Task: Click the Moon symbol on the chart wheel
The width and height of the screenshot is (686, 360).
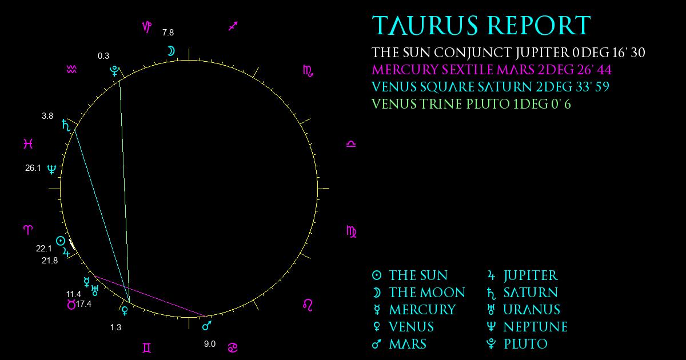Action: (171, 51)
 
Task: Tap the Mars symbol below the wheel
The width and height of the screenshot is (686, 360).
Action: (207, 326)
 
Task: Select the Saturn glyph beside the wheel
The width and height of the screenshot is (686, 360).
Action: (66, 125)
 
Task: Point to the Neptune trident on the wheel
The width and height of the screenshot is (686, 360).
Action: (52, 169)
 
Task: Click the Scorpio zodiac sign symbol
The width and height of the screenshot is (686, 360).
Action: (308, 71)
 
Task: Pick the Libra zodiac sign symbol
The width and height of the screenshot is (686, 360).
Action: (351, 144)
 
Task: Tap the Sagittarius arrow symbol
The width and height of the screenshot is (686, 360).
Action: (233, 26)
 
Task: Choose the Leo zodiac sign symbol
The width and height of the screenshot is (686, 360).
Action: (308, 305)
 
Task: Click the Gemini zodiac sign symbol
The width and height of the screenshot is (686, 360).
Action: (147, 348)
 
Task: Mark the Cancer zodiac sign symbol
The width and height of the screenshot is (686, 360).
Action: (233, 348)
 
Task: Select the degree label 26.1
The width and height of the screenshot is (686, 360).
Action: (33, 168)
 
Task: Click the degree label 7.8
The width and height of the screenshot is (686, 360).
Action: (168, 33)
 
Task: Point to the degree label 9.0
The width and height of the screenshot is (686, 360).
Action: (210, 344)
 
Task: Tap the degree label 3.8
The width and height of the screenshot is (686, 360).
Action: (47, 116)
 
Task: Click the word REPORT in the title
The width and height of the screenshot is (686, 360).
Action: (539, 25)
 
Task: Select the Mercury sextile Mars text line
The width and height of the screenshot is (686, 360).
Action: (492, 70)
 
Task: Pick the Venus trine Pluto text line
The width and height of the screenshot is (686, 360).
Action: (471, 104)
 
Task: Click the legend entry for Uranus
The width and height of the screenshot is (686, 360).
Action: (524, 310)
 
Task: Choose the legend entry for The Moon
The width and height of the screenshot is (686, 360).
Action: (418, 293)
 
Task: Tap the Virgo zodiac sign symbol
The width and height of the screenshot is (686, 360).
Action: (351, 231)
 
